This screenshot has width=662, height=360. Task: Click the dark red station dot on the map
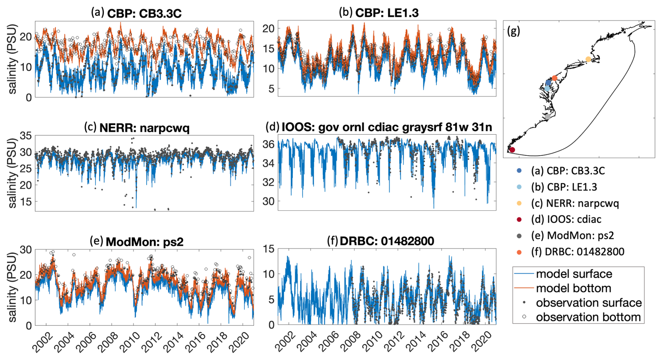click(512, 150)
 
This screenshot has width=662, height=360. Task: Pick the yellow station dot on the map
click(588, 59)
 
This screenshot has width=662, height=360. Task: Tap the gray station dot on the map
click(548, 117)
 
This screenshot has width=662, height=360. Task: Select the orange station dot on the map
click(555, 78)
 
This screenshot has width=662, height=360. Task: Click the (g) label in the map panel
click(513, 31)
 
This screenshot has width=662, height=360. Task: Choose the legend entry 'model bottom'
click(573, 288)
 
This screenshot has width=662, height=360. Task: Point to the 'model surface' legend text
click(574, 274)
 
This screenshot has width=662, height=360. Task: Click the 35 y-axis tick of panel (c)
click(26, 136)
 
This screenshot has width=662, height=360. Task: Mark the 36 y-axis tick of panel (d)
click(268, 144)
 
